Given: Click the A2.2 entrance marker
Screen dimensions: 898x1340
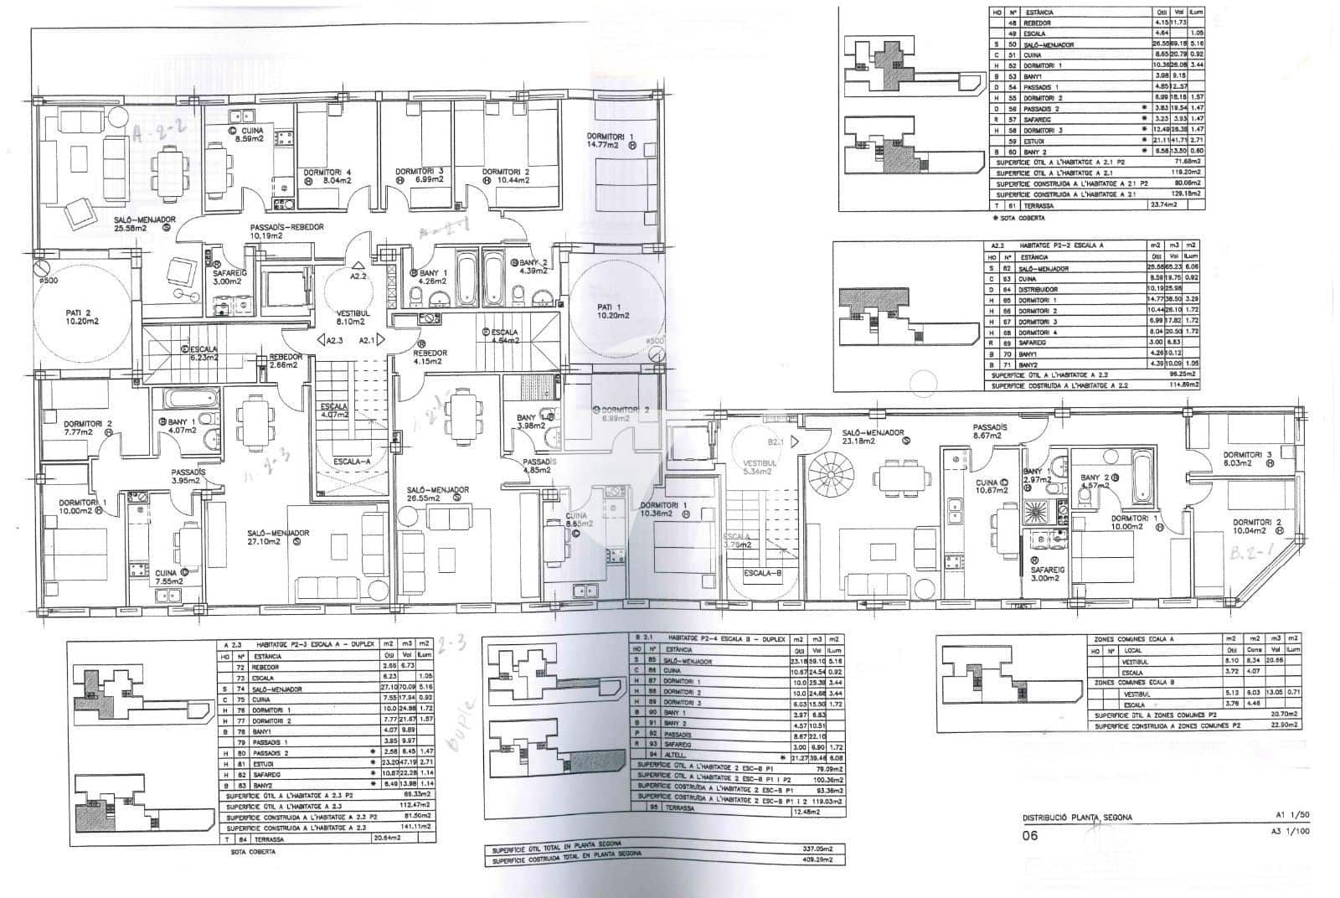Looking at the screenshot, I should click(358, 275).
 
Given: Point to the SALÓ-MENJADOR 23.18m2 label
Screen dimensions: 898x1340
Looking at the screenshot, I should click(874, 436).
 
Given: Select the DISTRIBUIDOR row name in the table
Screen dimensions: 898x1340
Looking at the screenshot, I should click(1039, 290).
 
